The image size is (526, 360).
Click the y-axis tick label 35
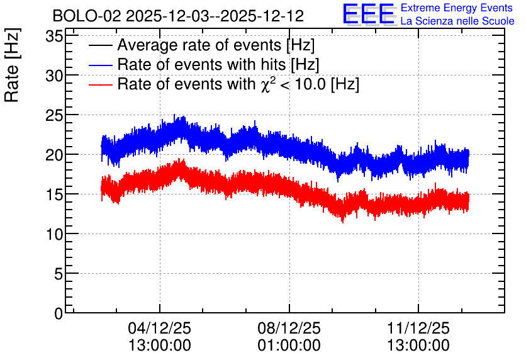point(54,37)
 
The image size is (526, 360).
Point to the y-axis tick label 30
point(54,76)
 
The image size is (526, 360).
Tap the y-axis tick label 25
point(54,115)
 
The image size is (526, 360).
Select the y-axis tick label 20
point(54,155)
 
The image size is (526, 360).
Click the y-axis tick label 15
point(54,194)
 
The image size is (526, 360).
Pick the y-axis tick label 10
point(54,234)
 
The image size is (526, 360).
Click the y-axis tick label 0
point(59,313)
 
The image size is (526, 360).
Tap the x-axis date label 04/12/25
point(160,328)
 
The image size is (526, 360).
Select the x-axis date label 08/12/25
point(289,328)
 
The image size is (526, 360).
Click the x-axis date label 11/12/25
point(418,328)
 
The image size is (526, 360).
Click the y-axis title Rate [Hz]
point(12,65)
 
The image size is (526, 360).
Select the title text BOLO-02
point(87,16)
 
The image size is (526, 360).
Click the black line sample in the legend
point(100,45)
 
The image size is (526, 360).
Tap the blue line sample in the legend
point(100,65)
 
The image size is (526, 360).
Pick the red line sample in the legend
point(100,84)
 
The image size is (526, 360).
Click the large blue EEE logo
point(369,14)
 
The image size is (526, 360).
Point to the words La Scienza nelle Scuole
point(457,21)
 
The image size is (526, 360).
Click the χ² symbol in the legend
point(269,84)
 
